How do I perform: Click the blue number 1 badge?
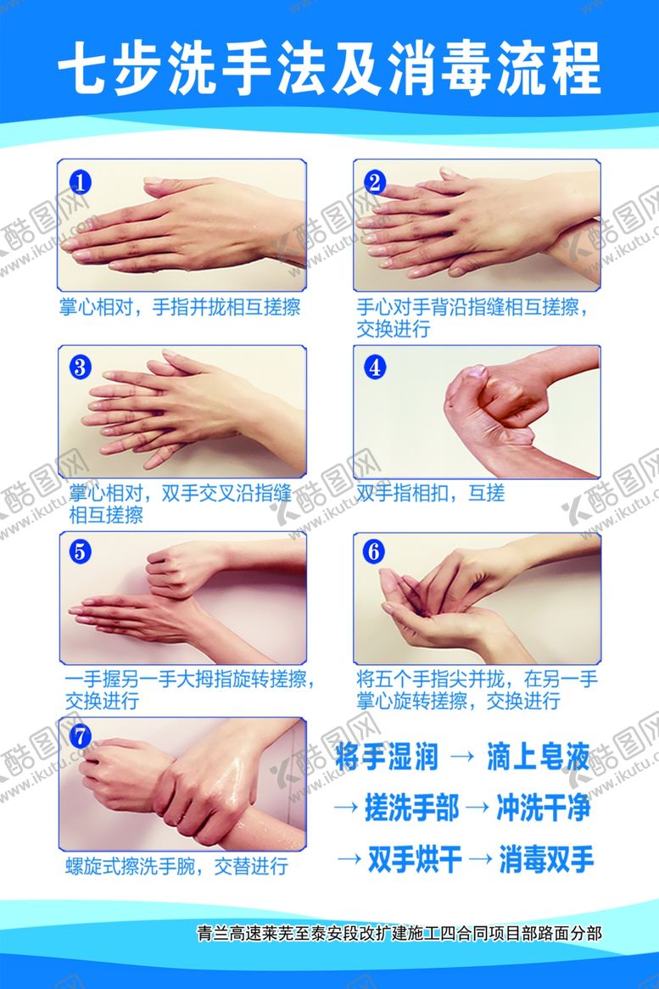click(80, 183)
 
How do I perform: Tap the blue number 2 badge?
click(375, 183)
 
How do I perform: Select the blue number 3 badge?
click(80, 367)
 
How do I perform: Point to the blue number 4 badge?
click(375, 367)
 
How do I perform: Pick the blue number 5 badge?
click(80, 551)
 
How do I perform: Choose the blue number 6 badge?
click(374, 551)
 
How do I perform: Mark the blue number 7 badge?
click(80, 736)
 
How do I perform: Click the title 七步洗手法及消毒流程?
click(329, 69)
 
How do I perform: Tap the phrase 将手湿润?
click(387, 756)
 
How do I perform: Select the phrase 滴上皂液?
click(539, 756)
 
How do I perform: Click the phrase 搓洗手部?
click(412, 807)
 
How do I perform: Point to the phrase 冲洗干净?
click(544, 807)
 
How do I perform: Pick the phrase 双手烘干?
click(415, 859)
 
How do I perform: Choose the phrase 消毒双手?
click(547, 859)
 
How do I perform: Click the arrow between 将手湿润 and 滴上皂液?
click(462, 757)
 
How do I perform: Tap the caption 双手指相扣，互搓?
click(431, 493)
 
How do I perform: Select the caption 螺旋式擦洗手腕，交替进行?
click(176, 866)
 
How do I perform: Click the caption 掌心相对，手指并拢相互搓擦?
click(180, 307)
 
